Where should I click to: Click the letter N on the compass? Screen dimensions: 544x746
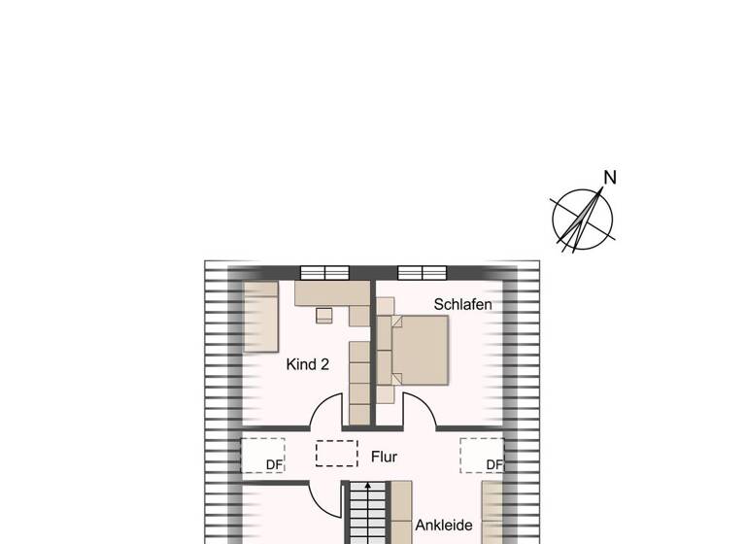coord(610,178)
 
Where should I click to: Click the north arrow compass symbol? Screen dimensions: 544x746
coord(583,219)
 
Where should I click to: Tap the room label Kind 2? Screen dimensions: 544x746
coord(308,365)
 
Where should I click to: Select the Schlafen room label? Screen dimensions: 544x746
coord(462,305)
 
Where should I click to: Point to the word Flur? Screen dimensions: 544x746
coord(384,456)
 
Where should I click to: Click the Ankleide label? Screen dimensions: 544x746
coord(443,526)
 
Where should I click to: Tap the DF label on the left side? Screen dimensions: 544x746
coord(274,465)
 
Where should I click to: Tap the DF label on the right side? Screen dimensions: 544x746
coord(494,465)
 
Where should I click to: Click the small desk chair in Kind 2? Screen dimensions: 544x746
coord(324,315)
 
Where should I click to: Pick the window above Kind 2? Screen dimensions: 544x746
coord(324,272)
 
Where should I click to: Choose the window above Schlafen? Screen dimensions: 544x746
coord(422,272)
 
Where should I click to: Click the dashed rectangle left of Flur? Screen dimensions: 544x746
coord(336,454)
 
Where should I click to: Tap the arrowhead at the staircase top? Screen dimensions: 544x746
coord(367,485)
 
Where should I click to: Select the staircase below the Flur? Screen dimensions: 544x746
coord(367,515)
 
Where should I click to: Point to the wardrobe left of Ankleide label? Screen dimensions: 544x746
coord(401,513)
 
